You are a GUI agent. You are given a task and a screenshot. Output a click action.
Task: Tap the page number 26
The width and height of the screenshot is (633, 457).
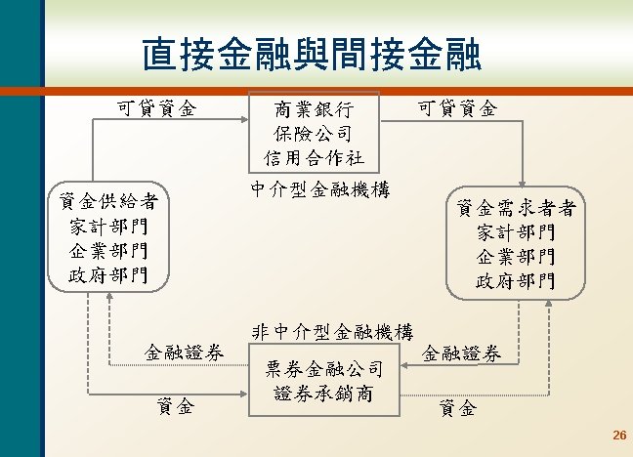pyautogui.click(x=617, y=435)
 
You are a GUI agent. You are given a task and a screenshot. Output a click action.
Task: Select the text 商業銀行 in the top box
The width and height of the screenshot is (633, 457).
pyautogui.click(x=314, y=108)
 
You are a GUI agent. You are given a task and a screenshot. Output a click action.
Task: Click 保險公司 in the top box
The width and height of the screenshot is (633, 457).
pyautogui.click(x=314, y=132)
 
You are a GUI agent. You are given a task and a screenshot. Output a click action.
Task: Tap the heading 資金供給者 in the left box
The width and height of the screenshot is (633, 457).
pyautogui.click(x=108, y=202)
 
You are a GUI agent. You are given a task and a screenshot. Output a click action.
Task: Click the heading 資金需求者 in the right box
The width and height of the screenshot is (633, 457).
pyautogui.click(x=516, y=208)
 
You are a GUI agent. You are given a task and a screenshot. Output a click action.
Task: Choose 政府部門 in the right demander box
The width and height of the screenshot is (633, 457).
pyautogui.click(x=516, y=281)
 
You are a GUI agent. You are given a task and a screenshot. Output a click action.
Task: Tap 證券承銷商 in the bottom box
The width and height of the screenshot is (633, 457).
pyautogui.click(x=323, y=394)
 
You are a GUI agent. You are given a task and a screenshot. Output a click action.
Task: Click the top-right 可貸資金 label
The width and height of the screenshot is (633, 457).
pyautogui.click(x=456, y=107)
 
